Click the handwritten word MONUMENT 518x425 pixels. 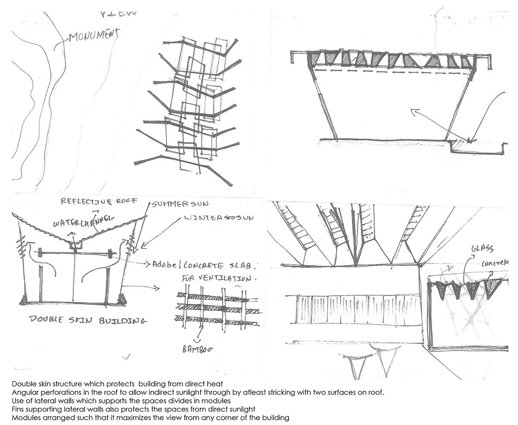tap(94, 35)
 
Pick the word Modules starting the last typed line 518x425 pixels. tap(25, 418)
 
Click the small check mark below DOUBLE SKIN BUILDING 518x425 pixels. tap(126, 357)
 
